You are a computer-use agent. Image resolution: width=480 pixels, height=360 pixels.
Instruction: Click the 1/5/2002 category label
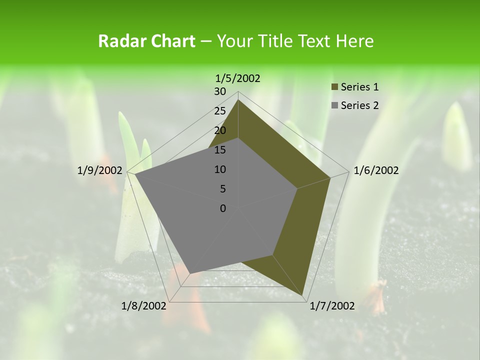click(237, 78)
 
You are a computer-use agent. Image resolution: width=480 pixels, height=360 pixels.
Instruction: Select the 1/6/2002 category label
click(376, 170)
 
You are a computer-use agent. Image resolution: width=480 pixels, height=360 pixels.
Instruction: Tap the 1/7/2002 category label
click(332, 306)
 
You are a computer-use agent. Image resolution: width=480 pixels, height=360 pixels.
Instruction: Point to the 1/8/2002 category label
click(144, 306)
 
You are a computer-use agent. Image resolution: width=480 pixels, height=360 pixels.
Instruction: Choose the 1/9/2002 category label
click(100, 170)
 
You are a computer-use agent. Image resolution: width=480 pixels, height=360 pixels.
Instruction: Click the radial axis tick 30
click(220, 91)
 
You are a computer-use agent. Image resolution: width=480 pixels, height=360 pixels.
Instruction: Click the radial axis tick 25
click(220, 111)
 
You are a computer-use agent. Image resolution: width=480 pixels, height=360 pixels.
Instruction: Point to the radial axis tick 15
click(220, 150)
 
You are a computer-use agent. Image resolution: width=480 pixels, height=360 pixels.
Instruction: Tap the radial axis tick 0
click(223, 208)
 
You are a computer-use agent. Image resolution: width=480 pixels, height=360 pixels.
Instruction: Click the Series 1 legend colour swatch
click(334, 87)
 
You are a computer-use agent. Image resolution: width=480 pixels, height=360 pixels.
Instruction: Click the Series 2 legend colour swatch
click(334, 105)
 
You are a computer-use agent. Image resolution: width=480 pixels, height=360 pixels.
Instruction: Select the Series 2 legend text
click(359, 105)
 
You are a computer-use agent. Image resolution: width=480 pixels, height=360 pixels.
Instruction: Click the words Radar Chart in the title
click(146, 41)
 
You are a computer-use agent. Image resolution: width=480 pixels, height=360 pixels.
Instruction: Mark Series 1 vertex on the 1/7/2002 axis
click(302, 295)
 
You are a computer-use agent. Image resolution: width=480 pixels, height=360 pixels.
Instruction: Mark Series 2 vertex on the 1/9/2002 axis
click(135, 174)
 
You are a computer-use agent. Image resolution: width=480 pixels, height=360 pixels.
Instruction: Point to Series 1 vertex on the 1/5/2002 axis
click(238, 99)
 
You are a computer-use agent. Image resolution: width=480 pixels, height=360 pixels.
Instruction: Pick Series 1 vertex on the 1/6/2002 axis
click(330, 177)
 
